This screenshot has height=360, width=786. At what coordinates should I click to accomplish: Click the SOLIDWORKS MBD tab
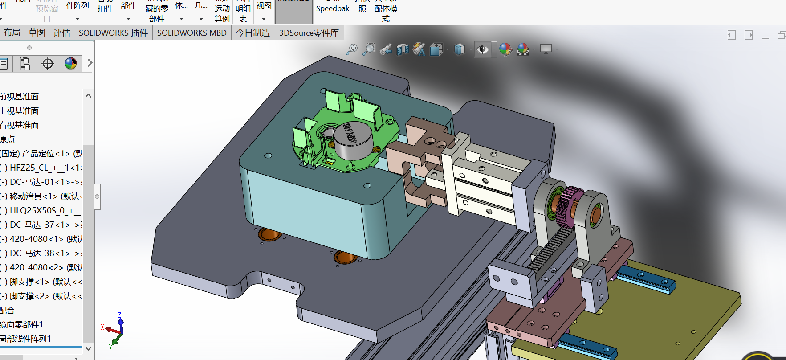click(x=191, y=33)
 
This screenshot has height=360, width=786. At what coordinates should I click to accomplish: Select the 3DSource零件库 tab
click(x=309, y=33)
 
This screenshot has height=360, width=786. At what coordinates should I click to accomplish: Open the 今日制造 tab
click(x=252, y=33)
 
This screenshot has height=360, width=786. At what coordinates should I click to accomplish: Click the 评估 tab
click(x=61, y=33)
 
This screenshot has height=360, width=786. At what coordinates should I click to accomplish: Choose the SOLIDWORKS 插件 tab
click(x=113, y=33)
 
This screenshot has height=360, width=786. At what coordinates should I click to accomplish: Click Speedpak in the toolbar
click(x=332, y=8)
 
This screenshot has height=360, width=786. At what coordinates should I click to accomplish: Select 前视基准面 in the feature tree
click(x=20, y=97)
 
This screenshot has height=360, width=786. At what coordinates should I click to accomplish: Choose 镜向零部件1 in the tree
click(x=22, y=325)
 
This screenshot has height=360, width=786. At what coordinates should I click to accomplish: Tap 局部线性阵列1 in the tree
click(x=26, y=339)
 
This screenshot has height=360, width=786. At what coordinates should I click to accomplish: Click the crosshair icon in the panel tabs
click(x=48, y=64)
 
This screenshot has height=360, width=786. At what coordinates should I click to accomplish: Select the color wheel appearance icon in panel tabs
click(x=71, y=64)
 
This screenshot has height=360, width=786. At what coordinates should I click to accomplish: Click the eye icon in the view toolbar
click(x=482, y=49)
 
